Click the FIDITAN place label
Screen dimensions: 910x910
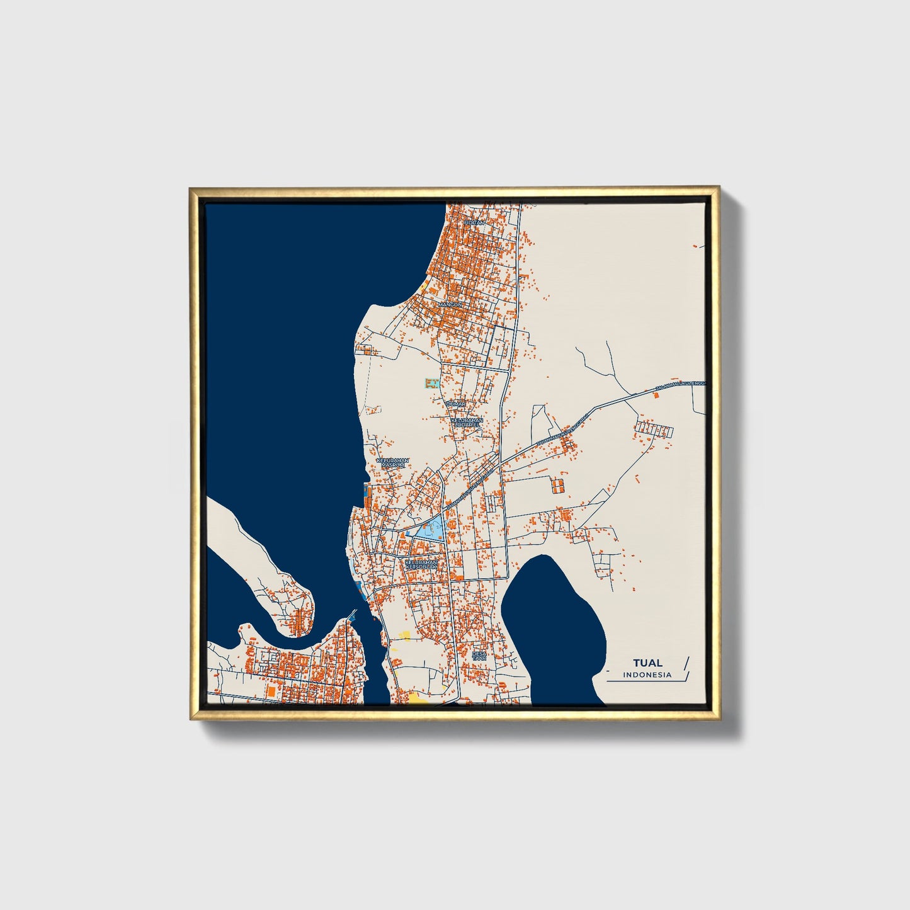[x=474, y=223]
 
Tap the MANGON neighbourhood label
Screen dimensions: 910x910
[x=450, y=304]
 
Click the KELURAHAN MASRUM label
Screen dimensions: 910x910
[x=392, y=463]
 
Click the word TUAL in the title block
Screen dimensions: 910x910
[x=647, y=663]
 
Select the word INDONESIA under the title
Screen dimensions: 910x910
[x=647, y=675]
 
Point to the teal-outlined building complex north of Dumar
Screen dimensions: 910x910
[x=431, y=382]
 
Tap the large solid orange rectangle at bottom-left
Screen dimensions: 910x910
[x=271, y=691]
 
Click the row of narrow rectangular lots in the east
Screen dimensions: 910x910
[x=654, y=431]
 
